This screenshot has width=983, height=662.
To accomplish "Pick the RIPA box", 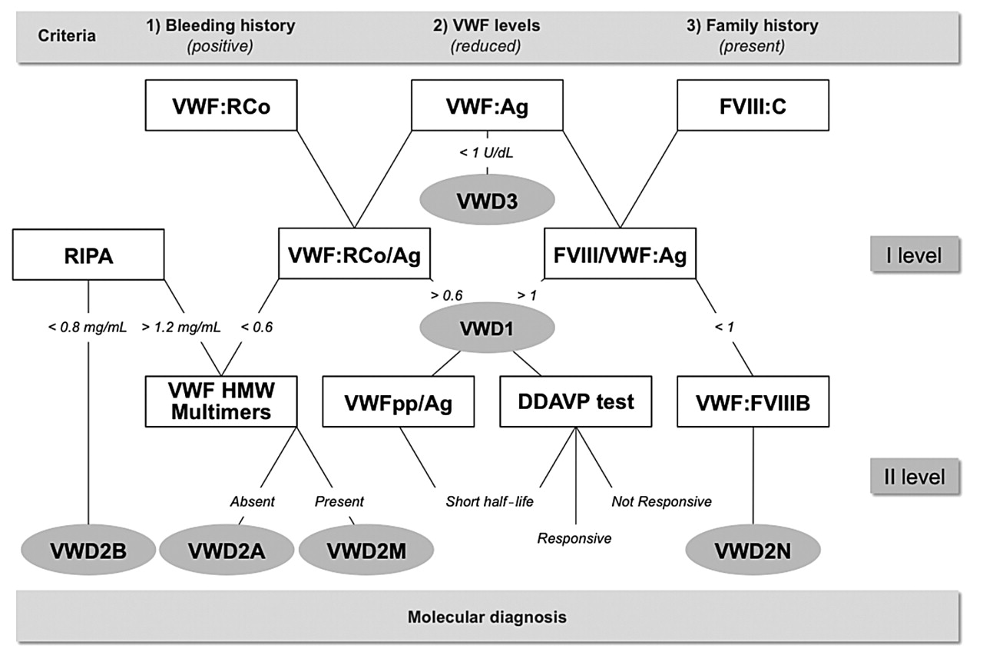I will click(88, 254).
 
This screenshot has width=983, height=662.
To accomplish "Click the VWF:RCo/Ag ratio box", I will click(354, 254).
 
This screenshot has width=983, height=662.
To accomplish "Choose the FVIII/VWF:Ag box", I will click(620, 254).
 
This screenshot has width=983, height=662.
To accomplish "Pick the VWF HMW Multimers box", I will click(222, 401).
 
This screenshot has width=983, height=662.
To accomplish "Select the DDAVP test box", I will click(575, 401).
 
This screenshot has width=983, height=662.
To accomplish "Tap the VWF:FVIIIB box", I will click(753, 401).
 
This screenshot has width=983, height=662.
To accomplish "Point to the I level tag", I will click(913, 254).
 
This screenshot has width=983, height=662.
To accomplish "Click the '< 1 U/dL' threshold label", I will click(486, 153).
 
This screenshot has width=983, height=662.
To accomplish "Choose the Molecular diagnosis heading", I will click(487, 617).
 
